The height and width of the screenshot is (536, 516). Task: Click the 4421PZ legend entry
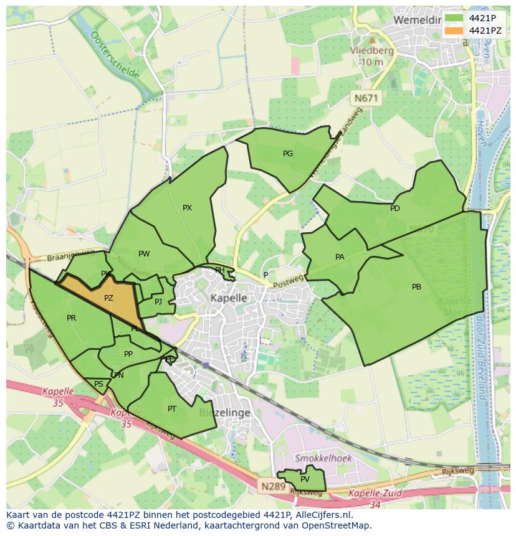[474, 31]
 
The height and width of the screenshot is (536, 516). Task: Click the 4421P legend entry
[474, 18]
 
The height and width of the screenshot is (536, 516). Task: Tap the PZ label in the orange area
[108, 298]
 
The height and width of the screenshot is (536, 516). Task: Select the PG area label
[288, 153]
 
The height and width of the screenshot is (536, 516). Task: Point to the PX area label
[187, 208]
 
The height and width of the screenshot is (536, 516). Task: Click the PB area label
[416, 287]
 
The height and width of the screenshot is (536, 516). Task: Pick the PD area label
[395, 209]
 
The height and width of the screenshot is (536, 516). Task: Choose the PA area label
[340, 256]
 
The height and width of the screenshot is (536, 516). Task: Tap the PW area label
[144, 253]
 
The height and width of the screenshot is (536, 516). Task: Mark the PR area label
[71, 318]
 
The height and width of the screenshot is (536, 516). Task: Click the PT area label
[172, 408]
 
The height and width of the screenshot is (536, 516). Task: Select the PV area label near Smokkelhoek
[305, 479]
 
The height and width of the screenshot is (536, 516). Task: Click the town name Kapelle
[228, 298]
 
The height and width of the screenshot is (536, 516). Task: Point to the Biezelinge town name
[224, 413]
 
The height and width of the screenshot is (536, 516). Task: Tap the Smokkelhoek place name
[323, 458]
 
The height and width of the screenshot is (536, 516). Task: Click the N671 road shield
[366, 98]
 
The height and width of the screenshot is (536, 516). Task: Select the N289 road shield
[272, 485]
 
